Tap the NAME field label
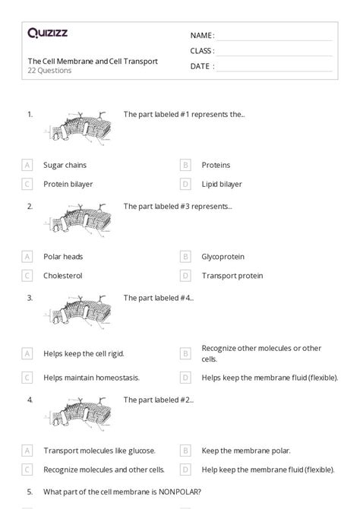coord(202,36)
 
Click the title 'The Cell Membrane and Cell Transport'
coord(93,61)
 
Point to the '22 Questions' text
coord(50,71)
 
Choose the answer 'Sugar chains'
coord(65,165)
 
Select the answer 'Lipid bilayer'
coord(222,184)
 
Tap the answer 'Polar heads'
coord(63,257)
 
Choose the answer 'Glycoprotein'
coord(223,257)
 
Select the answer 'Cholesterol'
coord(62,276)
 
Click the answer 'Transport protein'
coord(232,276)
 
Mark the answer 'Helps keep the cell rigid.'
coord(84,353)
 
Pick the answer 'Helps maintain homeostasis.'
coord(91,377)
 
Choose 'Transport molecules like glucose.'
coord(94,451)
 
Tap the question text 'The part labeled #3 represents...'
coord(178,206)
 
